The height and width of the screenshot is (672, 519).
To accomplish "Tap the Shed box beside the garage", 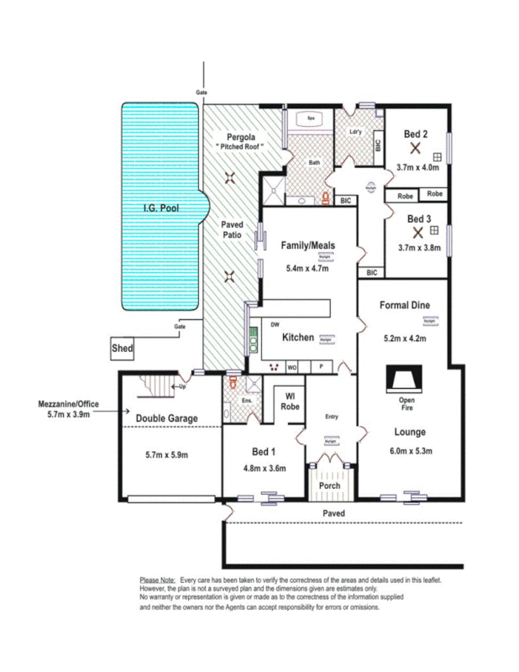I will (x=123, y=346).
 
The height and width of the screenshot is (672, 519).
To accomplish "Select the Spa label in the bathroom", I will (x=311, y=118).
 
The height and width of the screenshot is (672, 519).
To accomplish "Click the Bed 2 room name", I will (x=416, y=134).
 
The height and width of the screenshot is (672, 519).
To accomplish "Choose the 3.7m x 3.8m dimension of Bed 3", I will (x=417, y=247).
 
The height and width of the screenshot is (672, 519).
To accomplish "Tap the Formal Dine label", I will (x=404, y=305).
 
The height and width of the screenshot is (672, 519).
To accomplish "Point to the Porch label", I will (x=329, y=485).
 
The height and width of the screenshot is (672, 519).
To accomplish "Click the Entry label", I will (x=331, y=416).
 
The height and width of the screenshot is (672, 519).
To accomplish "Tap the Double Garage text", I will (x=166, y=417).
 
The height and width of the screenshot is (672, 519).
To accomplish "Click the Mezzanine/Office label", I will (x=68, y=404).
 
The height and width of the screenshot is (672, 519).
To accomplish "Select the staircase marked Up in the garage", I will (x=155, y=388).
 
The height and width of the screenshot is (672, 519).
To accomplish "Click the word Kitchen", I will (x=297, y=338).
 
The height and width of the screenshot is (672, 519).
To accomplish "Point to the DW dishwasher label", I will (x=275, y=323).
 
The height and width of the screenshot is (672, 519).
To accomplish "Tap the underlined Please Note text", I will (x=156, y=580).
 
